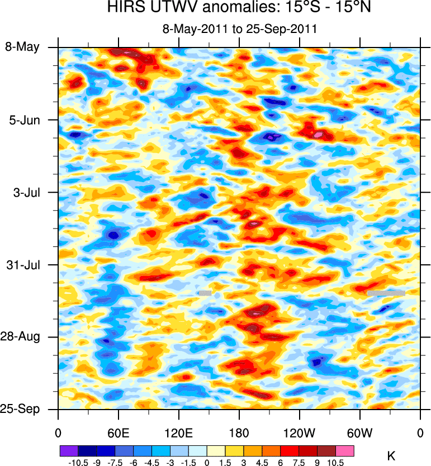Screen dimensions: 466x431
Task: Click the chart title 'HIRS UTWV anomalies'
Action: tap(239, 8)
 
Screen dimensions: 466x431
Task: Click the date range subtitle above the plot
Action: tap(239, 30)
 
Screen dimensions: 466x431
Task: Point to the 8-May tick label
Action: tap(22, 47)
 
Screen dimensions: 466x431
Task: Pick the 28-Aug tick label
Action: tap(22, 337)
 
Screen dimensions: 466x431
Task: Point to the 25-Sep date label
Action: tap(22, 409)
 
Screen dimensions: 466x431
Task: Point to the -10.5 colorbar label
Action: tap(78, 463)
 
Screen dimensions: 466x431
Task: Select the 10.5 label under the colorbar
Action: tap(336, 463)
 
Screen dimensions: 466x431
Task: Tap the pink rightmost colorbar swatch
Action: tap(345, 450)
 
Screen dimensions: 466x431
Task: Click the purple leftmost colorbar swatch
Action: tap(69, 450)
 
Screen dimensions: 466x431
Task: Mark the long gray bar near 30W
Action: tap(386, 292)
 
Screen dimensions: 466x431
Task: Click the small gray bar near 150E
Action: tap(205, 292)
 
